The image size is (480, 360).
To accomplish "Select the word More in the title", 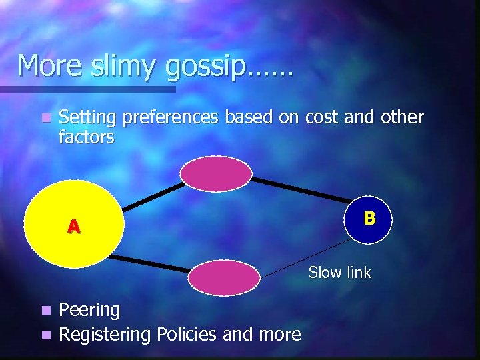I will pyautogui.click(x=47, y=66).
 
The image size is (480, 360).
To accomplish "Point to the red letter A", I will pyautogui.click(x=73, y=227).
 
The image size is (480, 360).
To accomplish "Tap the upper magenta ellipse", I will pyautogui.click(x=216, y=173).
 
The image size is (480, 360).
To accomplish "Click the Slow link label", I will pyautogui.click(x=339, y=272).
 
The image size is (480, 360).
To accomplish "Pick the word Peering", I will pyautogui.click(x=89, y=310).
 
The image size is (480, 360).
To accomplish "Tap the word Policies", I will pyautogui.click(x=187, y=333).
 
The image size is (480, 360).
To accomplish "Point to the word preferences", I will pyautogui.click(x=171, y=118).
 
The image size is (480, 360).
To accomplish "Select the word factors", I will pyautogui.click(x=87, y=137).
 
